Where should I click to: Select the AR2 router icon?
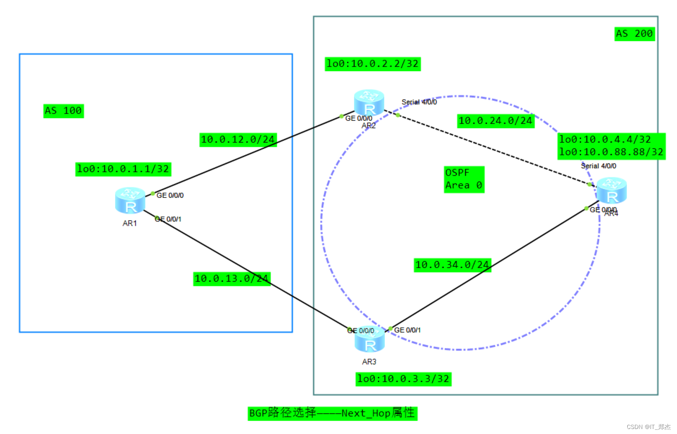click(369, 102)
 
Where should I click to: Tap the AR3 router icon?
click(369, 339)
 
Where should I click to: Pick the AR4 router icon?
click(611, 190)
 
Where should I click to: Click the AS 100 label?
click(64, 111)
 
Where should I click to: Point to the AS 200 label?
click(634, 34)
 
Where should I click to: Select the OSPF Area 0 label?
click(464, 179)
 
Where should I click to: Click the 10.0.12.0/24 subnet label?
click(238, 140)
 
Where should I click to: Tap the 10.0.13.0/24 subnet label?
click(232, 279)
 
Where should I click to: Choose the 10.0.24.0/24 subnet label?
click(495, 121)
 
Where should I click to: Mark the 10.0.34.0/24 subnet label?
click(452, 265)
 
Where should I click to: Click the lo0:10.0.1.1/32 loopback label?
click(123, 169)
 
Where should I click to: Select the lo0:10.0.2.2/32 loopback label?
click(372, 64)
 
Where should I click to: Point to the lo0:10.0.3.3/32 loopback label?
click(403, 379)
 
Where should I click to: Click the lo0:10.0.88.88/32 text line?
click(611, 152)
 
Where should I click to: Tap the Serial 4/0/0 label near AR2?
click(419, 102)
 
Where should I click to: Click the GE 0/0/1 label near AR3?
click(407, 330)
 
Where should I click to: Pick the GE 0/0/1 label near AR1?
click(168, 219)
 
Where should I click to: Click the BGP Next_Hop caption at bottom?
click(332, 413)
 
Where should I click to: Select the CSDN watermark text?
click(648, 426)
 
